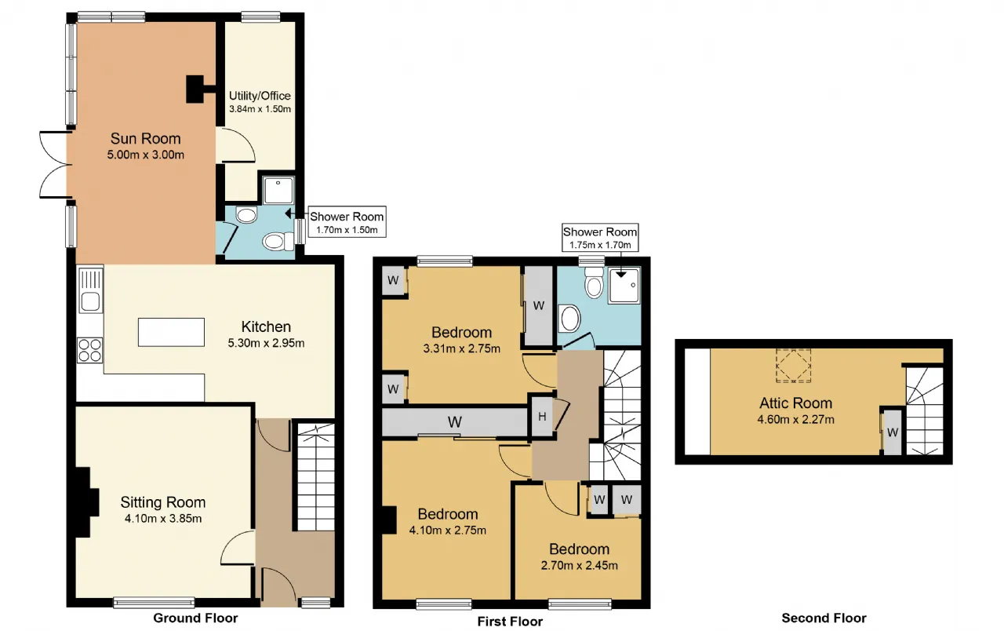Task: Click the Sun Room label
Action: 146,139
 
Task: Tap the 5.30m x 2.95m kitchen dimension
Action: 266,343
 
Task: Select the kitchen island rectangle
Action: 171,332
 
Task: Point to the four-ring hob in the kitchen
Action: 89,350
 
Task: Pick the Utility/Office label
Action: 260,96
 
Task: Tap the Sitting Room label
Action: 163,502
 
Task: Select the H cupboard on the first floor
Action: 542,417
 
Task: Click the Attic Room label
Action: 795,403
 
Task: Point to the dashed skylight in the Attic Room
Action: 793,366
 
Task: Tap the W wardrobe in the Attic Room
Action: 892,432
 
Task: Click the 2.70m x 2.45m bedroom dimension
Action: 579,566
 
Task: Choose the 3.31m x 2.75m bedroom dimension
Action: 462,348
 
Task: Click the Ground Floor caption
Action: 195,618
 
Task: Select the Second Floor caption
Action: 824,618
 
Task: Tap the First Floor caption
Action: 510,621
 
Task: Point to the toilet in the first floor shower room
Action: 595,283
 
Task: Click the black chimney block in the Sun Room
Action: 196,89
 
